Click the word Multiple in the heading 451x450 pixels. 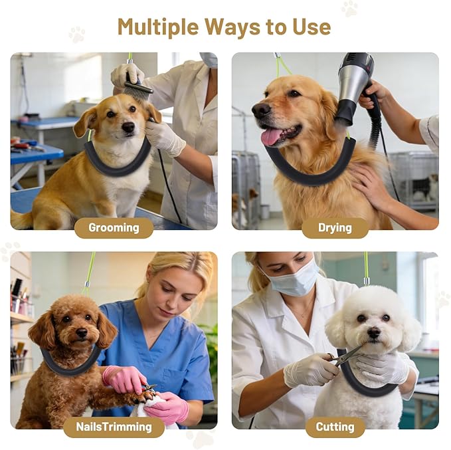(158, 27)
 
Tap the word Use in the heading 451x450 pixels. (312, 27)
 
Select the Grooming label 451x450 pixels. (114, 228)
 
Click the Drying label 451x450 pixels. (335, 228)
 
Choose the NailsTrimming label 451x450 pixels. (114, 427)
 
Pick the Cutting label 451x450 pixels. (335, 427)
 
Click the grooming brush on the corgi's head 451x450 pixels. (137, 86)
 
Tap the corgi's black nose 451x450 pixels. (128, 126)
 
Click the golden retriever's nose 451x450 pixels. (261, 110)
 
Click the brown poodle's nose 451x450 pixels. (82, 333)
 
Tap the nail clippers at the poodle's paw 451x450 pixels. (148, 388)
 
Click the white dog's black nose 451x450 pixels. (374, 332)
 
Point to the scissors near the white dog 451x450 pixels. (345, 356)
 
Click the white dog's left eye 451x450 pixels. (361, 318)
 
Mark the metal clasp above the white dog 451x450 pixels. (366, 281)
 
